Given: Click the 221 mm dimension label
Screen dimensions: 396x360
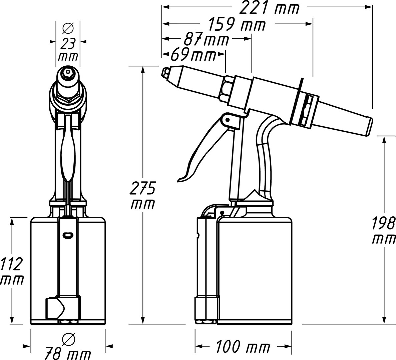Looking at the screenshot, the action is click(x=269, y=8).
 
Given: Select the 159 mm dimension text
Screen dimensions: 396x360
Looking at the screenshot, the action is click(x=237, y=24).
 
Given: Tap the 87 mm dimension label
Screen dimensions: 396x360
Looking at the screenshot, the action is click(x=206, y=39).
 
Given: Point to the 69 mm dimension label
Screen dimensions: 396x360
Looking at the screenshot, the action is click(x=193, y=54).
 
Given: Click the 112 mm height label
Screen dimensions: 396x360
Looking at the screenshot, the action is click(x=12, y=271).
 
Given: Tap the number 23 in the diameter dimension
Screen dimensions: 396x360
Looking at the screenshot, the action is click(x=68, y=44).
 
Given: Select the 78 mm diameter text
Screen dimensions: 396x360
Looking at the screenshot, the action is click(x=68, y=354).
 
